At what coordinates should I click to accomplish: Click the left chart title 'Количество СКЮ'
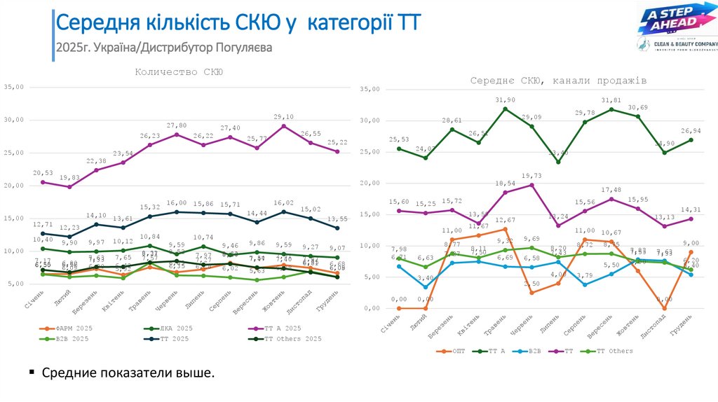[x=179, y=71]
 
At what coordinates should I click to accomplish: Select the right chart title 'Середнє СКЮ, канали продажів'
[x=558, y=81]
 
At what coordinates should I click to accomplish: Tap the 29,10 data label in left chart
[x=283, y=117]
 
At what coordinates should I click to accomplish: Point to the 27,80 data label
[x=177, y=125]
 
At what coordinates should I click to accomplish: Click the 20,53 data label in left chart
[x=43, y=173]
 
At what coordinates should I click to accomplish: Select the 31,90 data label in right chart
[x=505, y=100]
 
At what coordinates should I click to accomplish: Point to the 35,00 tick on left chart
[x=14, y=87]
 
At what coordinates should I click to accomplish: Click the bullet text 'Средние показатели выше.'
[x=128, y=373]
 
